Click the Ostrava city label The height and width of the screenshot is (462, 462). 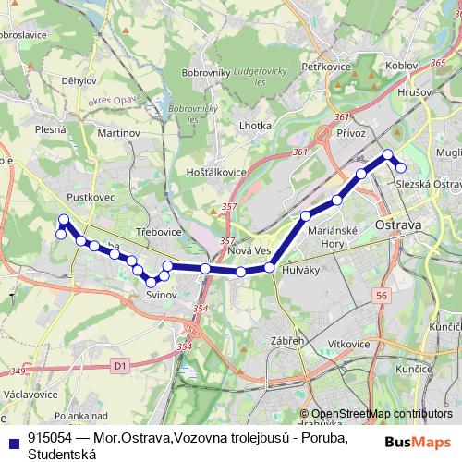[x=398, y=225]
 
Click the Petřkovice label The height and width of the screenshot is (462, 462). [x=321, y=67]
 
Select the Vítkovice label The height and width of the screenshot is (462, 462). [x=346, y=344]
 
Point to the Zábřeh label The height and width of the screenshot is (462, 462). [x=287, y=342]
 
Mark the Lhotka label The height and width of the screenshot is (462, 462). [x=255, y=125]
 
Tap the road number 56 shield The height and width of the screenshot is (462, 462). [x=382, y=294]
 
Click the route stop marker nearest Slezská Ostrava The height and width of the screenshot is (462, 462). [x=401, y=167]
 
